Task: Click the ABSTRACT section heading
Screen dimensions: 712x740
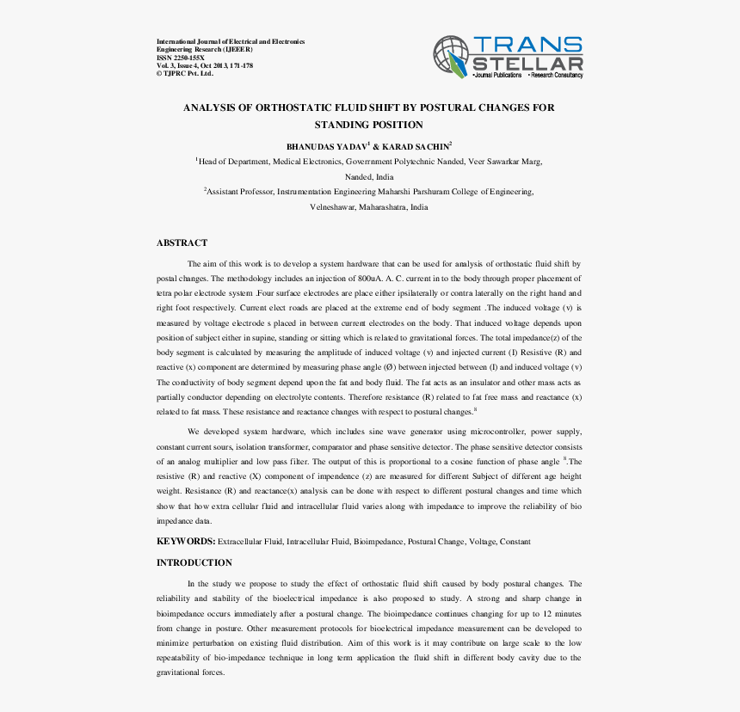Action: coord(182,243)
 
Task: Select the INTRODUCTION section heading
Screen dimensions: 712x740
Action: coord(194,562)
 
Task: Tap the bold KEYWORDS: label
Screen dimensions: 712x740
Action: coord(185,542)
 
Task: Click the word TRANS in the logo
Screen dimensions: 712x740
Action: coord(527,45)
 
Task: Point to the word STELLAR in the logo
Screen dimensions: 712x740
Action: coord(527,64)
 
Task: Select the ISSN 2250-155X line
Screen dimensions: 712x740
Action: coord(181,58)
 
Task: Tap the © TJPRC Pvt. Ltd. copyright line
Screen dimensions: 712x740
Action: coord(184,74)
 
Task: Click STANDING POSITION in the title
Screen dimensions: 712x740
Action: coord(369,126)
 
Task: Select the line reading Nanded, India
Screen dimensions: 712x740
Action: coord(369,176)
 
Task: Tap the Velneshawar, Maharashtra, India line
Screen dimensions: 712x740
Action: coord(369,207)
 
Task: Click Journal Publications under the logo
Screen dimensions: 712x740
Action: coord(498,76)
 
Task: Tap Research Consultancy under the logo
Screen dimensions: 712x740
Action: coord(556,76)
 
